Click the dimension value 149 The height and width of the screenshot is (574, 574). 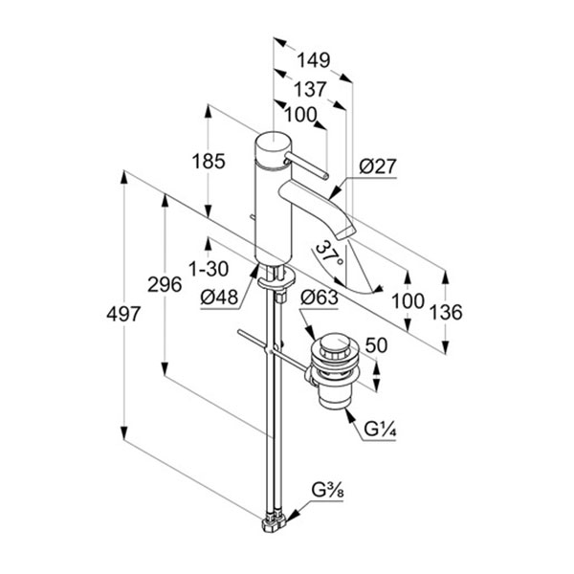point(312,60)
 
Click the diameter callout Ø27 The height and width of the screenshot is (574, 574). point(378,166)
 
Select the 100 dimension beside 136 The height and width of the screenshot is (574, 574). point(409,301)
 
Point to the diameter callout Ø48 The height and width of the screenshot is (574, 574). point(218,298)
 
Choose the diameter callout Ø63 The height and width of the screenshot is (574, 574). point(319,298)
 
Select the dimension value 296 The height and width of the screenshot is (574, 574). point(164,283)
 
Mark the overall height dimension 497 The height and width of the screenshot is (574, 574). point(123,314)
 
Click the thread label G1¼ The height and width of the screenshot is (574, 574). point(381,426)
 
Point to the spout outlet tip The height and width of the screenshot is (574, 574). point(346,234)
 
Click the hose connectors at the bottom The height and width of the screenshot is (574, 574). point(272,521)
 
